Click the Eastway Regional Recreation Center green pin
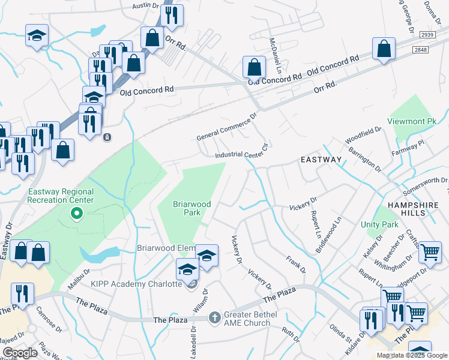click(x=77, y=213)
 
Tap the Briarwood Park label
click(x=192, y=208)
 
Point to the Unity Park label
click(x=379, y=224)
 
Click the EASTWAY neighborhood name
click(x=321, y=160)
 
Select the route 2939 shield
click(x=427, y=36)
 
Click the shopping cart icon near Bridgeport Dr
click(x=430, y=253)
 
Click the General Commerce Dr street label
click(x=226, y=127)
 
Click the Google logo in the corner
click(x=20, y=353)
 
